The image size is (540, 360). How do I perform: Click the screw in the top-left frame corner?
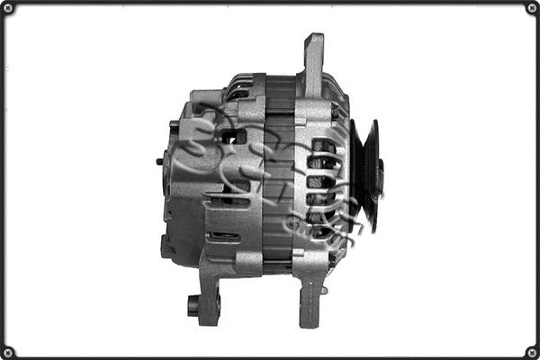click(8, 8)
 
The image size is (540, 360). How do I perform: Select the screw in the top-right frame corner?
click(531, 8)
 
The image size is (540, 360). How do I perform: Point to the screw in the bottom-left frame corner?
click(8, 351)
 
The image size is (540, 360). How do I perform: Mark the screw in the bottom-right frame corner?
click(531, 351)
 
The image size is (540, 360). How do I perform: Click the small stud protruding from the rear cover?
click(159, 162)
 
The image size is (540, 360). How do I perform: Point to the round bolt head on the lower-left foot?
click(193, 304)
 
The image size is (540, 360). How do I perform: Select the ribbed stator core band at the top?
click(280, 91)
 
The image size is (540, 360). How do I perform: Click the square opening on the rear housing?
click(238, 136)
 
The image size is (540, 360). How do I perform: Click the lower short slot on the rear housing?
click(224, 236)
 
